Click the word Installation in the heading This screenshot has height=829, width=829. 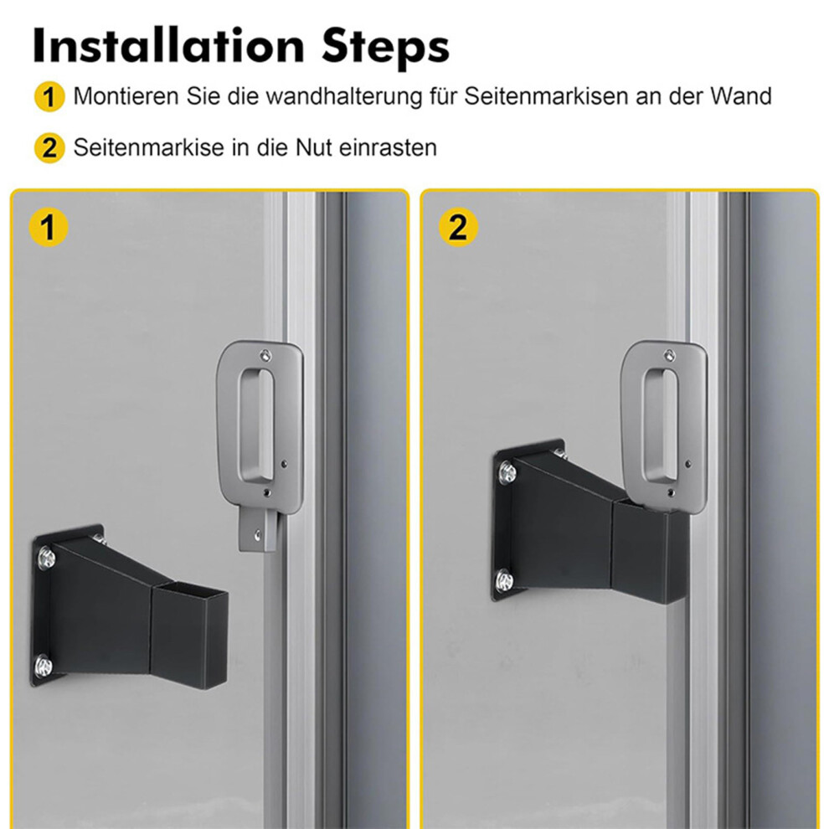[168, 46]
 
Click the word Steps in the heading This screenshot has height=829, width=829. [385, 48]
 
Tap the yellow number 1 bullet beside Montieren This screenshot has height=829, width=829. [49, 97]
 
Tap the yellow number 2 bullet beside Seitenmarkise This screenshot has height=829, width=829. [49, 147]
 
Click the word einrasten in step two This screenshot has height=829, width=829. [388, 147]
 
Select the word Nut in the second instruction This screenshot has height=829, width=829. [313, 147]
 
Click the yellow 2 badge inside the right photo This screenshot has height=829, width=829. [458, 226]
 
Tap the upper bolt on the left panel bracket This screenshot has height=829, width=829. [45, 558]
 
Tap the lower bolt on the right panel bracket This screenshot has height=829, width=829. [504, 579]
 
